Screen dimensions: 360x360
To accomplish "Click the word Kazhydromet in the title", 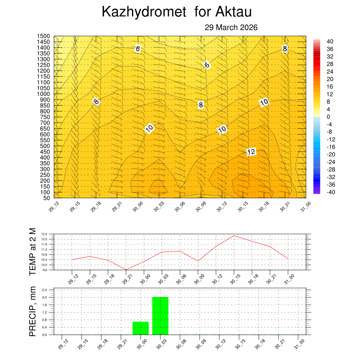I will [143, 12].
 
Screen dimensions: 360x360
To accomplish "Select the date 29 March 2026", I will [231, 27].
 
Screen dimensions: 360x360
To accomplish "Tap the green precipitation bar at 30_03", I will [160, 316].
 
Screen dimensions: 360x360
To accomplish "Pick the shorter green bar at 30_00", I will [141, 328].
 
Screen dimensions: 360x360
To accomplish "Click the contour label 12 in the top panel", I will [251, 152].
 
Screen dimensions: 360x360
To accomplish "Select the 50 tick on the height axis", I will [46, 198].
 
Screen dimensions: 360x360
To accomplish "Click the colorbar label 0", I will [328, 117].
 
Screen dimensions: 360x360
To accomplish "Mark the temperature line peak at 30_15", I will [234, 236].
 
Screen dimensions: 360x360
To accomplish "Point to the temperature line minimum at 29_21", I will [126, 270].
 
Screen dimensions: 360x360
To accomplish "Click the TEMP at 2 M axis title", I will [32, 251].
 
